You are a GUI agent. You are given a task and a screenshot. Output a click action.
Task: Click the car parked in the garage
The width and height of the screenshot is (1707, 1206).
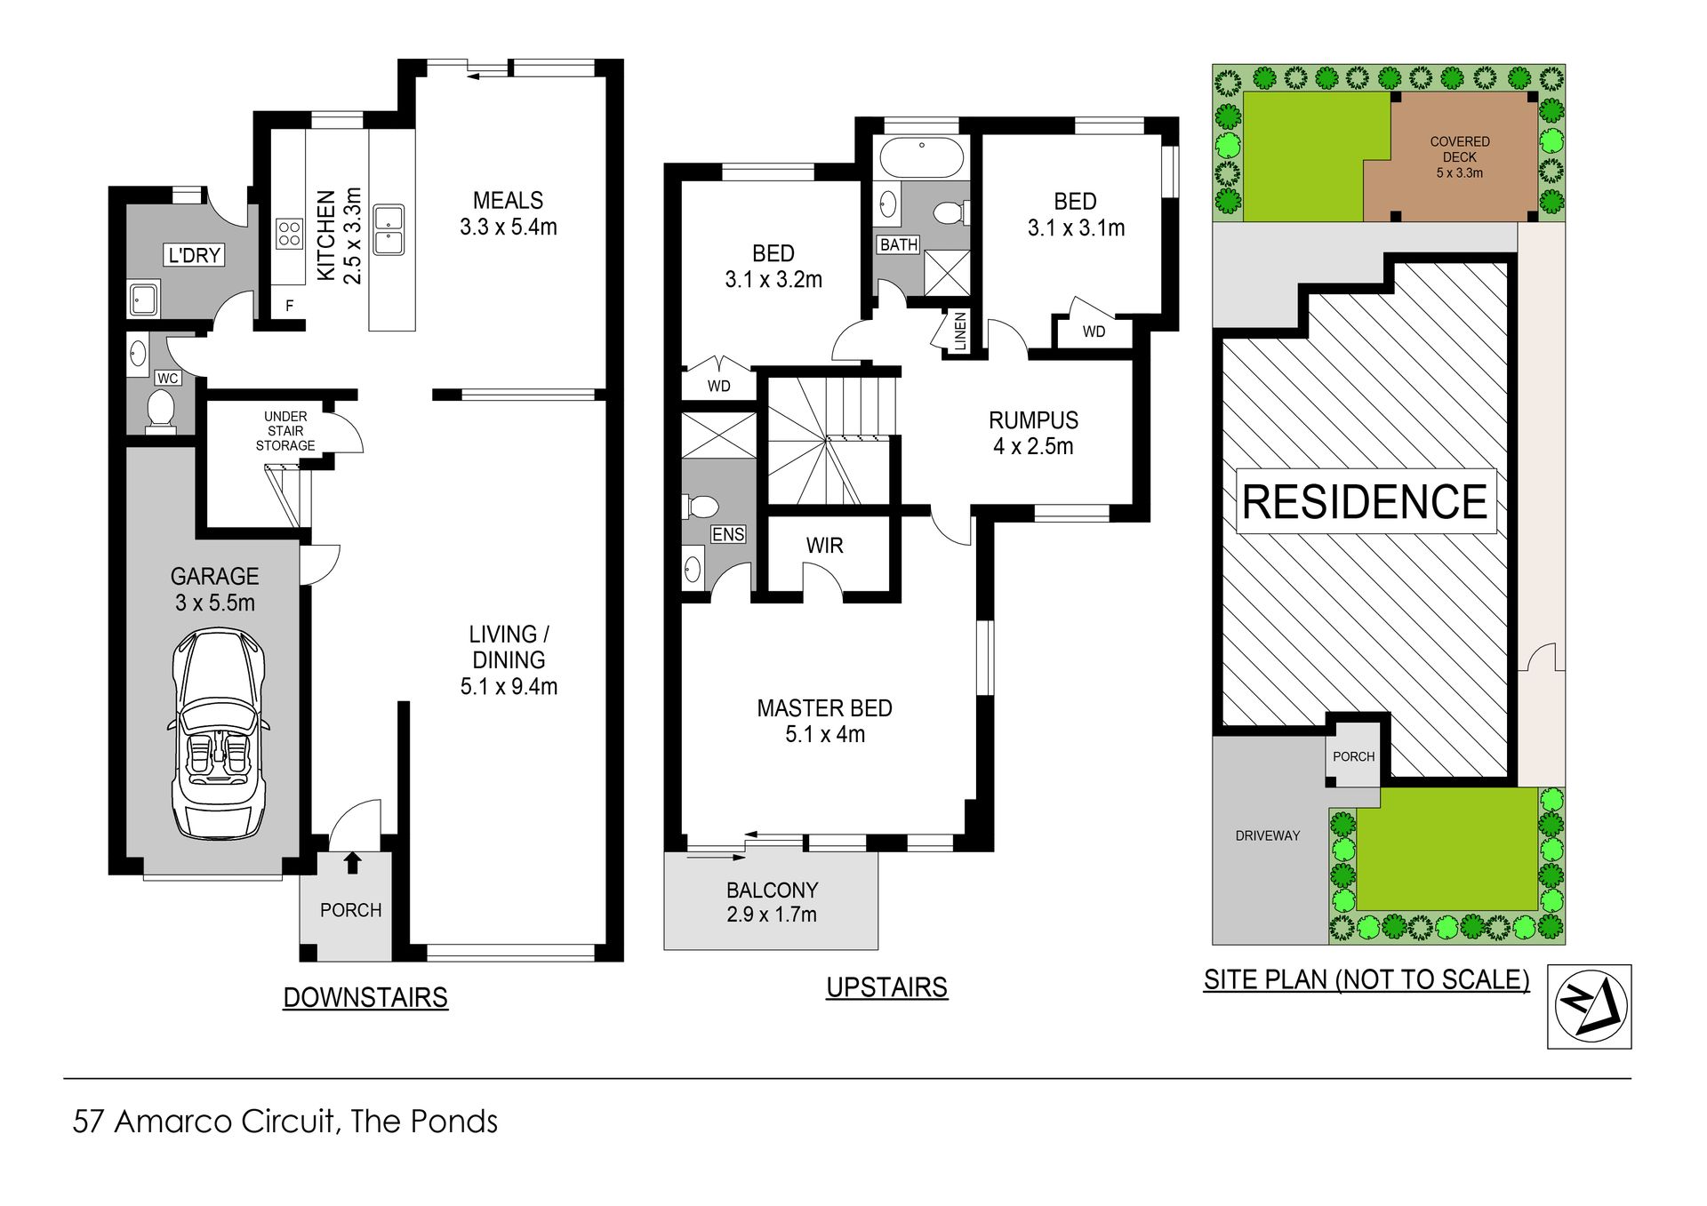click(218, 734)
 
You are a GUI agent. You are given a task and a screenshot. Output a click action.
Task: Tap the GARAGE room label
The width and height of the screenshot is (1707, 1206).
click(214, 577)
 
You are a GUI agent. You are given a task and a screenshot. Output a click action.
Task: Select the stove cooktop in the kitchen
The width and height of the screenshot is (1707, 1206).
click(289, 234)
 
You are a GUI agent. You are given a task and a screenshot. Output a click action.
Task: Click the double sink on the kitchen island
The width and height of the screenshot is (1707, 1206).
click(389, 230)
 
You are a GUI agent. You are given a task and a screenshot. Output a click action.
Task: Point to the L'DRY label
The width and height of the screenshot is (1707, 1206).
click(195, 256)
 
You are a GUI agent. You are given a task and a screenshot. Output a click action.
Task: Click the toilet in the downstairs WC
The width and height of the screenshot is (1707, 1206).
click(161, 411)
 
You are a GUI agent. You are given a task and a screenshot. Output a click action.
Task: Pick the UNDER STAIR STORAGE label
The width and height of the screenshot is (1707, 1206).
click(285, 431)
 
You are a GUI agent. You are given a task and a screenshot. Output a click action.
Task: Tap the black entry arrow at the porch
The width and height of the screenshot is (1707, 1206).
click(353, 862)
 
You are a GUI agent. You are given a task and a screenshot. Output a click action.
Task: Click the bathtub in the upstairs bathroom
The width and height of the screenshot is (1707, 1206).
click(922, 158)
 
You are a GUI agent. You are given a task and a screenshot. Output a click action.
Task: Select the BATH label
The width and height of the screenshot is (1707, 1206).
click(899, 244)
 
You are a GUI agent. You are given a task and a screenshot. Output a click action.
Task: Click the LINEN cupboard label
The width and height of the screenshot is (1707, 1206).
click(959, 331)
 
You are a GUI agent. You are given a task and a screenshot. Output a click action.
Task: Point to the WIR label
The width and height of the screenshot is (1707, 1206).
click(824, 546)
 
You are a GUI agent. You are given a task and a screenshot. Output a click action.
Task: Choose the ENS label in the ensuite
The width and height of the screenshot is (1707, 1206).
click(728, 534)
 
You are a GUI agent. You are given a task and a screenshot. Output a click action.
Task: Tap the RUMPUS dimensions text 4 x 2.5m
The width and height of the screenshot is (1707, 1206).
click(1033, 446)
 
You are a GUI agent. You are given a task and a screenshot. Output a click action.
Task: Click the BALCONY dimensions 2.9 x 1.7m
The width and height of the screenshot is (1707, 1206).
click(772, 914)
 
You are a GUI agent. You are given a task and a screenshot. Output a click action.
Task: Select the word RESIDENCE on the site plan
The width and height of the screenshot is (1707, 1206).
click(1365, 501)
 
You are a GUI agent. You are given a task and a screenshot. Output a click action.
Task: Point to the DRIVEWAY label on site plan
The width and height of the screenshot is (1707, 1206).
click(1268, 835)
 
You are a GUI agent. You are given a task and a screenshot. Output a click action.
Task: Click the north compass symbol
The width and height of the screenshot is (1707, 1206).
click(1590, 1006)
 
